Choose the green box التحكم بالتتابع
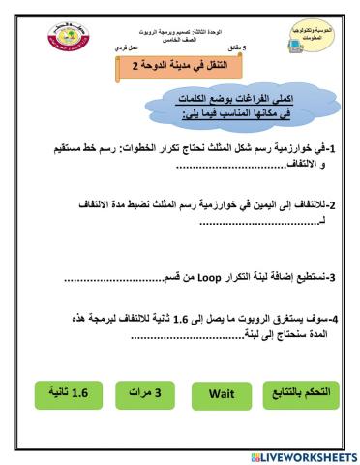[x=301, y=395]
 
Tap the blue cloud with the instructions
[x=185, y=108]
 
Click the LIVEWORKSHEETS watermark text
[x=309, y=455]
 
